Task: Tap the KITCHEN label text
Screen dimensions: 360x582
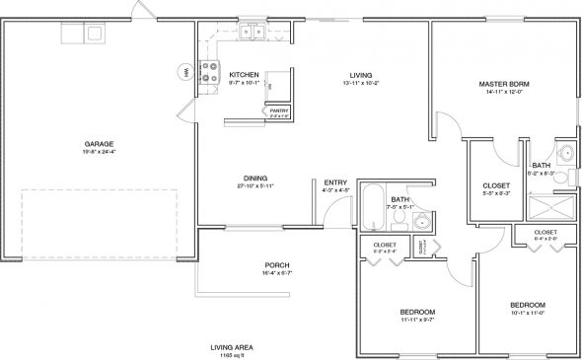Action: [244, 75]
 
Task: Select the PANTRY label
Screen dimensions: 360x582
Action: [280, 110]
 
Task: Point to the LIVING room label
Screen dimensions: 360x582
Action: [360, 75]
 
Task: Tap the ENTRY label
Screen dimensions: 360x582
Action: [336, 181]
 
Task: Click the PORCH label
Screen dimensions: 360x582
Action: [276, 264]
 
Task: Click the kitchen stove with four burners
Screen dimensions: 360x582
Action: [210, 73]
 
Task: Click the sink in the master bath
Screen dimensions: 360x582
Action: [564, 153]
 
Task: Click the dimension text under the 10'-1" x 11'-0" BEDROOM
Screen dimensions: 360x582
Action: [522, 313]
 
